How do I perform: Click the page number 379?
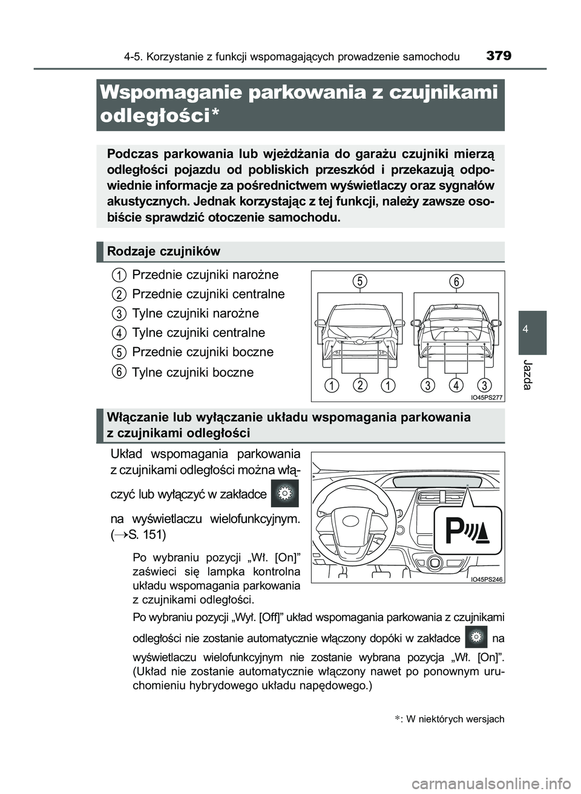(x=498, y=56)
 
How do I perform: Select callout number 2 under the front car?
(x=359, y=385)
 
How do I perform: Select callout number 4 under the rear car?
(x=456, y=385)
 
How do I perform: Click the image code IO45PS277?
(x=487, y=397)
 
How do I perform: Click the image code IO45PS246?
(x=487, y=579)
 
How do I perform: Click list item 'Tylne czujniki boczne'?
(x=192, y=372)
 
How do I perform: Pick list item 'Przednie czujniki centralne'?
(x=208, y=294)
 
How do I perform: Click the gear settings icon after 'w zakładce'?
(x=284, y=493)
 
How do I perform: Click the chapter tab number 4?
(x=532, y=328)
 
